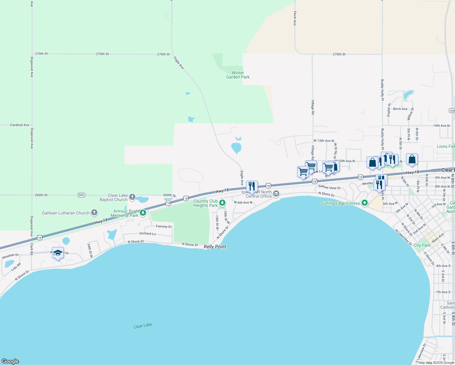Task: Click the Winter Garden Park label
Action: pyautogui.click(x=238, y=75)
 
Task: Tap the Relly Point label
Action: pyautogui.click(x=215, y=247)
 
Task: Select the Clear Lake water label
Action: pyautogui.click(x=143, y=326)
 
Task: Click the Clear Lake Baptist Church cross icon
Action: pyautogui.click(x=132, y=197)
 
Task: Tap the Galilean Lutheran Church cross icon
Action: pyautogui.click(x=94, y=213)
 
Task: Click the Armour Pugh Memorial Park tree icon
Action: pyautogui.click(x=143, y=213)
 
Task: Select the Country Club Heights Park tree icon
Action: pyautogui.click(x=222, y=203)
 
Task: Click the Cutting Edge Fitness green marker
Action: pyautogui.click(x=365, y=203)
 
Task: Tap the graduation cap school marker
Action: pyautogui.click(x=58, y=253)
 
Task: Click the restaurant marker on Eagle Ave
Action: pyautogui.click(x=252, y=186)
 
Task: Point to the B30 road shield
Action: pyautogui.click(x=81, y=195)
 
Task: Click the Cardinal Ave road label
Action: pyautogui.click(x=20, y=125)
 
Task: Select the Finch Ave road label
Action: pyautogui.click(x=295, y=18)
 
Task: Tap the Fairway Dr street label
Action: pyautogui.click(x=164, y=226)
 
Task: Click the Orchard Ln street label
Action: pyautogui.click(x=148, y=234)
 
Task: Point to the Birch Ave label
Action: pyautogui.click(x=400, y=109)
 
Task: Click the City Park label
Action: pyautogui.click(x=422, y=245)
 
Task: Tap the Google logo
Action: pyautogui.click(x=10, y=361)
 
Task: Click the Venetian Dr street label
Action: pyautogui.click(x=10, y=256)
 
